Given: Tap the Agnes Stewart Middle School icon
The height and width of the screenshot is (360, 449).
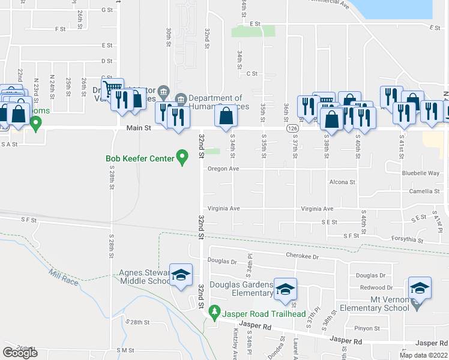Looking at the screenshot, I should coord(181,275).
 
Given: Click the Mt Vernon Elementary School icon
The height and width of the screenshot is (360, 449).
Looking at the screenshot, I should coord(419,288).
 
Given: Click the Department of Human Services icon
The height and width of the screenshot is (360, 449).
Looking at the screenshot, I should coord(180,98).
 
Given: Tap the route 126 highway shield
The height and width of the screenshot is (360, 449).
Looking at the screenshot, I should coord(292,128).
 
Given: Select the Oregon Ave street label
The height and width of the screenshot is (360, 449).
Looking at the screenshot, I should coord(223,169).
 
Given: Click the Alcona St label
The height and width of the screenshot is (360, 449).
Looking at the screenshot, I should coord(342,182).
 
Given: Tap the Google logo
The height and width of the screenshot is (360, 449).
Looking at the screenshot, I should coord(20,353).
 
